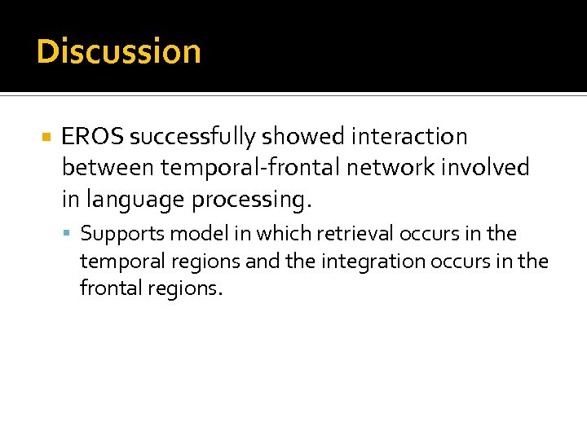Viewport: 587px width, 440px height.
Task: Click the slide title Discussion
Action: pyautogui.click(x=119, y=51)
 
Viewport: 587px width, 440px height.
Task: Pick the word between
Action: pyautogui.click(x=108, y=168)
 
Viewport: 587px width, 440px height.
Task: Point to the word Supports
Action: pyautogui.click(x=114, y=235)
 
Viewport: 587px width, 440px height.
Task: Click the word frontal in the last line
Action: pyautogui.click(x=108, y=288)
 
